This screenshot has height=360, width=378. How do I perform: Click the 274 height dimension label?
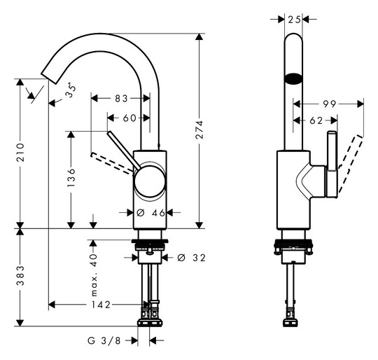click(199, 130)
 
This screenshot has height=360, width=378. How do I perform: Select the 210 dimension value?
click(20, 153)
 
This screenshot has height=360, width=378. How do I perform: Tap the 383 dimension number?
click(20, 276)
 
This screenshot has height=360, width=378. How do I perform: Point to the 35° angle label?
click(71, 90)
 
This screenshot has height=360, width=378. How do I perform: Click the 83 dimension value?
click(121, 98)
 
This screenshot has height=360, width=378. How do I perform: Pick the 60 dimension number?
click(129, 118)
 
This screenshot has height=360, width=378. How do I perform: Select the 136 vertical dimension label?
click(71, 178)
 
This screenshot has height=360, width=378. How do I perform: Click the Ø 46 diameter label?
click(150, 213)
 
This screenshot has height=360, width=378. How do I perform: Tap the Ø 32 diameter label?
click(191, 258)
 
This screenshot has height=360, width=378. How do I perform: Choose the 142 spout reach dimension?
click(101, 305)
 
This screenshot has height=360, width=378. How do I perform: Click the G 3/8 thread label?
click(104, 340)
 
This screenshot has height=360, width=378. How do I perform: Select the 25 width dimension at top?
click(294, 20)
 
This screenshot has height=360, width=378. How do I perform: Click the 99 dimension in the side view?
click(329, 104)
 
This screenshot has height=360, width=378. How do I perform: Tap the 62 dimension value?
click(316, 120)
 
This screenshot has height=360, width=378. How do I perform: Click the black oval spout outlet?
click(293, 78)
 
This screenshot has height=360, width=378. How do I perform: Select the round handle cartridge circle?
click(150, 181)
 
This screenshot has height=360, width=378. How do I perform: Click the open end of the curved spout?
click(48, 78)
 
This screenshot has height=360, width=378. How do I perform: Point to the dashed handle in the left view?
click(112, 163)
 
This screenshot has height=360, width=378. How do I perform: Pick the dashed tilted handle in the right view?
click(350, 164)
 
